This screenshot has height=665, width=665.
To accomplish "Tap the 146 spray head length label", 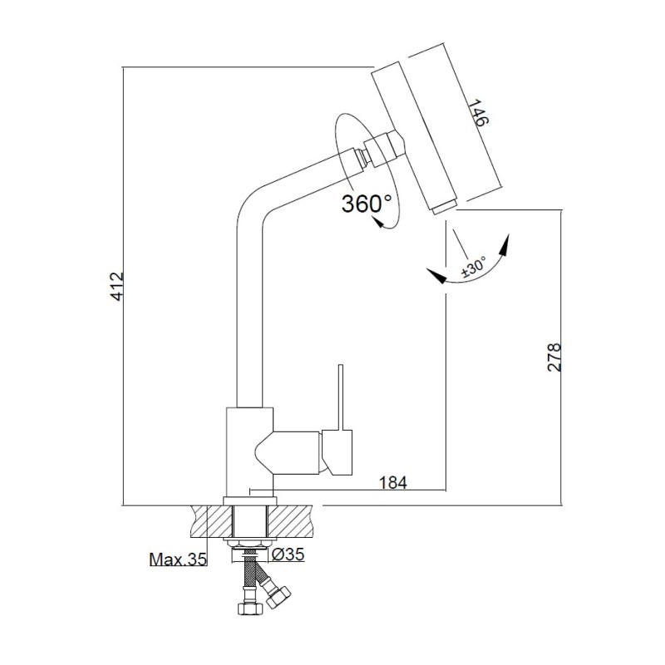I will click(476, 114).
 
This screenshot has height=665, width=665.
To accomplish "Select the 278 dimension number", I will click(555, 357).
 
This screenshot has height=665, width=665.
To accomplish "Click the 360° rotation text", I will click(367, 204).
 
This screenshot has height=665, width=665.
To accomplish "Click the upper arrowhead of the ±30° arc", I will click(506, 244).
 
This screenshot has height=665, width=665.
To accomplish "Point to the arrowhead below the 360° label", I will click(378, 223).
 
